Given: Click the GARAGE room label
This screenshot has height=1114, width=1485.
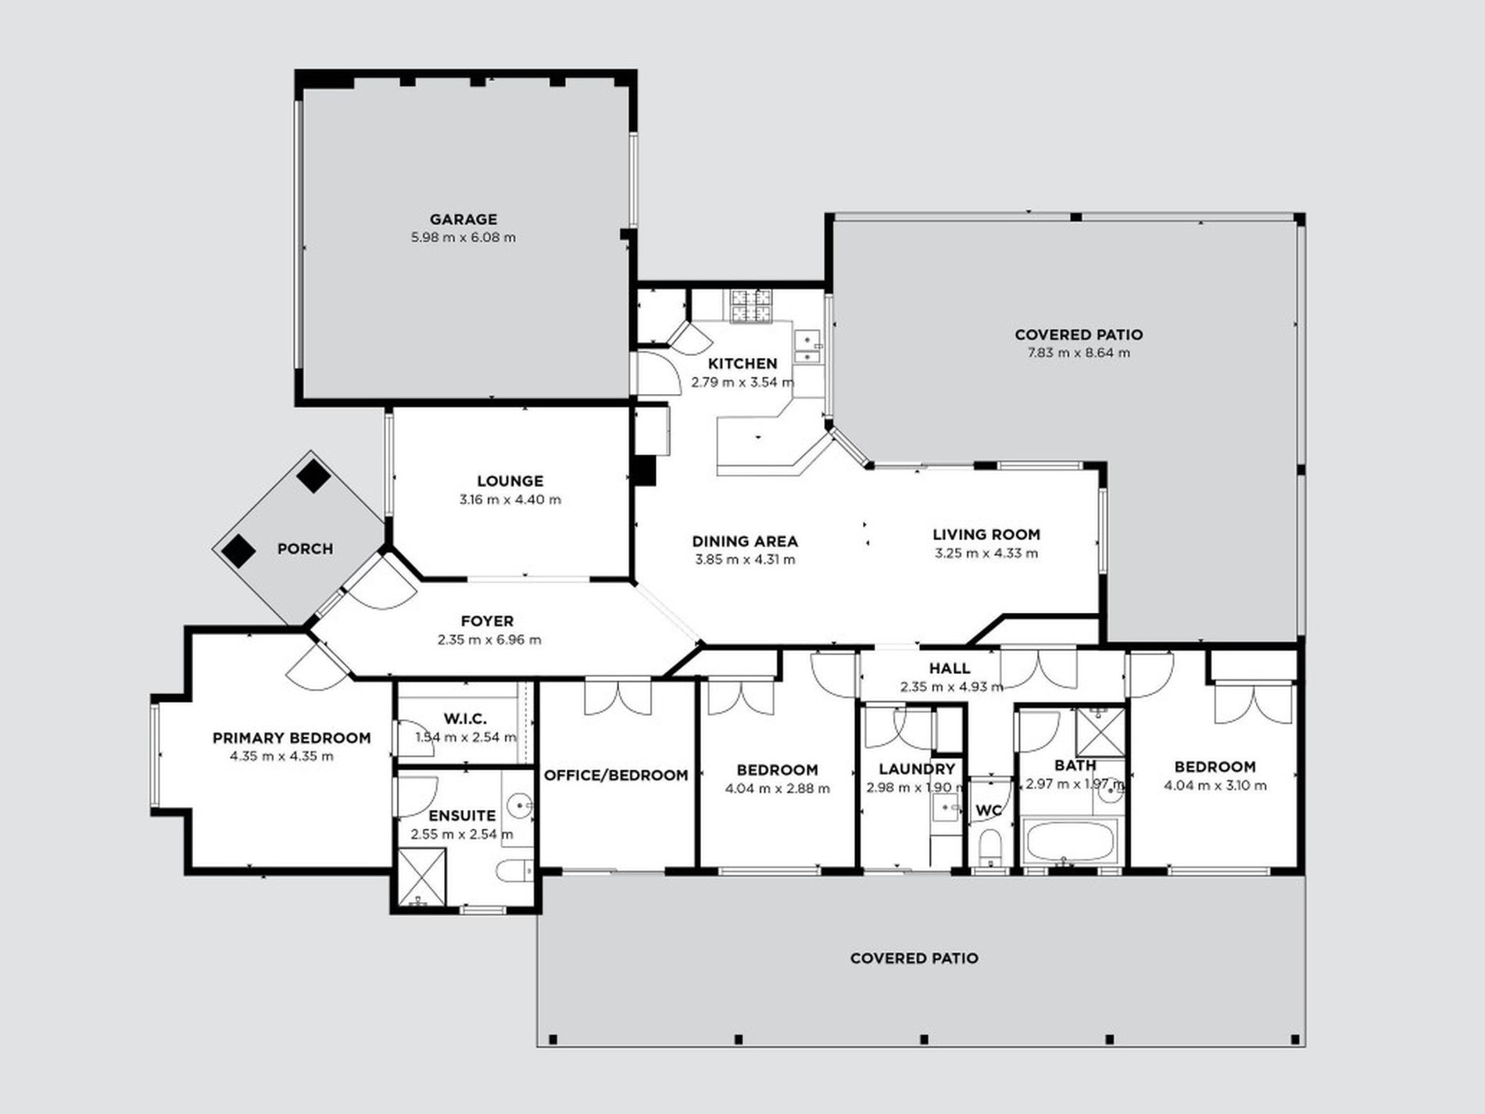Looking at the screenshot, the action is click(463, 220).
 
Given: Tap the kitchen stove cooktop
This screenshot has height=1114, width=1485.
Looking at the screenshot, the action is click(751, 306).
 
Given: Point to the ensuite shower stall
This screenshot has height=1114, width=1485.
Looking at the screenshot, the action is click(422, 876).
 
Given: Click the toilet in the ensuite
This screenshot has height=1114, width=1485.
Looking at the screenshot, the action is click(514, 869).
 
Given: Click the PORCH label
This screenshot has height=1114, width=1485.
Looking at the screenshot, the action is click(305, 549).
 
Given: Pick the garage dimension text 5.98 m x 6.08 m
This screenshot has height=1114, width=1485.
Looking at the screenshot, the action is click(463, 238).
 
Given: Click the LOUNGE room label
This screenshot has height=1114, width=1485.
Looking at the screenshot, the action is click(510, 482).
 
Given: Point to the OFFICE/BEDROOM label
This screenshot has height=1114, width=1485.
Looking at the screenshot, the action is click(616, 776).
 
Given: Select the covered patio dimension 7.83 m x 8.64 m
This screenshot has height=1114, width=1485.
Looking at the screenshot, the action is click(1079, 353).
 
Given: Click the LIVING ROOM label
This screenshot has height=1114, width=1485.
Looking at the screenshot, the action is click(986, 535).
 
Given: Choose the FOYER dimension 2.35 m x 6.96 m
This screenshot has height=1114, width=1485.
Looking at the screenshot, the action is click(489, 640).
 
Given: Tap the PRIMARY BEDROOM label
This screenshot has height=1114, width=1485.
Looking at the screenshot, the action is click(292, 738).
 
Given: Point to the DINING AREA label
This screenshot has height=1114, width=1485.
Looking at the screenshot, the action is click(745, 541).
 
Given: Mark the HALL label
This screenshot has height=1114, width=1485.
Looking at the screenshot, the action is click(950, 668).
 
